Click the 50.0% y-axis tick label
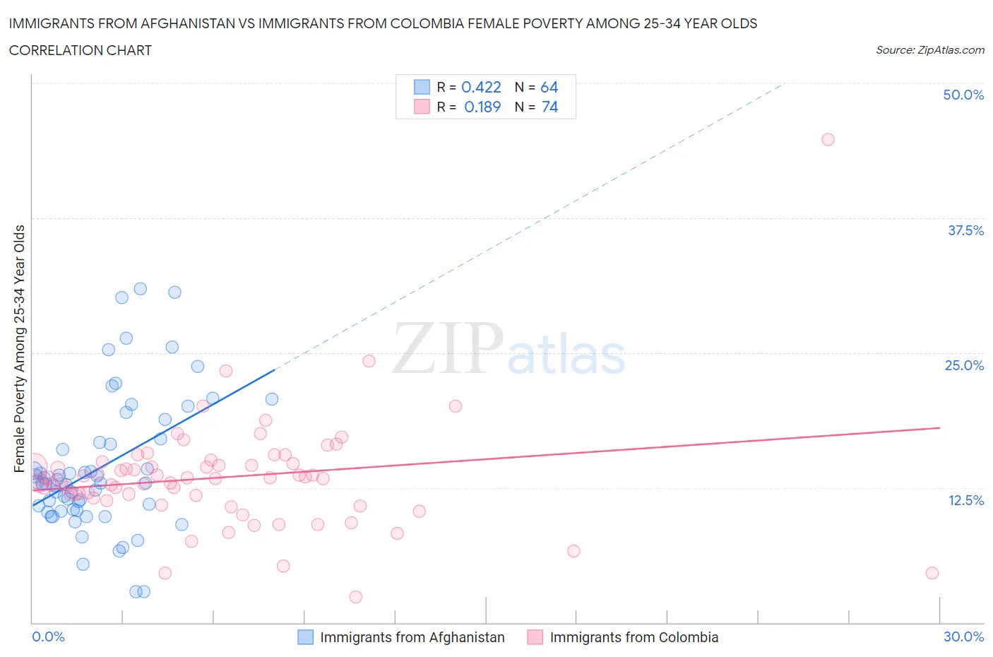[x=963, y=95]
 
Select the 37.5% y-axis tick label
[x=965, y=230]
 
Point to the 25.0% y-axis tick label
[x=964, y=365]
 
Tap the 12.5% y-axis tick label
[x=965, y=500]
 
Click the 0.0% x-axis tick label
[x=48, y=637]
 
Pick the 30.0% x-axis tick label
[x=963, y=637]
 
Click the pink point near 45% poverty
[x=828, y=139]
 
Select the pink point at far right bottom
[x=932, y=573]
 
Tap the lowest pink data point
[x=356, y=597]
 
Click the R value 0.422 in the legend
[x=481, y=87]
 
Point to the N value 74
[x=549, y=107]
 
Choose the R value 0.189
[x=482, y=107]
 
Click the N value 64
[x=549, y=87]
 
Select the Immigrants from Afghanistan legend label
[x=412, y=637]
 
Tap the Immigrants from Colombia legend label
[x=634, y=637]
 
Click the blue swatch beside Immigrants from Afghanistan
[x=305, y=637]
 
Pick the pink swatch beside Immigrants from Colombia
[x=535, y=637]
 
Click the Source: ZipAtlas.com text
[x=929, y=49]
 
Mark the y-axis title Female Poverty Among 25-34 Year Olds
[x=19, y=348]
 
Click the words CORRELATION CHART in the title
[x=81, y=50]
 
